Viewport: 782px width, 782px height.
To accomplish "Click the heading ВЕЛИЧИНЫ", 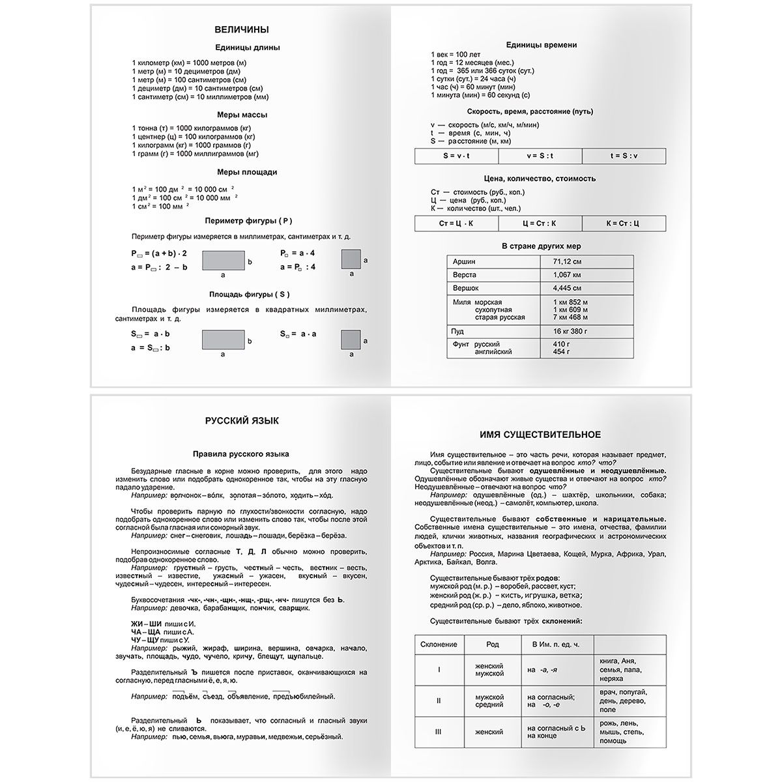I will pyautogui.click(x=241, y=29).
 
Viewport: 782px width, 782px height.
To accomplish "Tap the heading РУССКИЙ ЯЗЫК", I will pyautogui.click(x=241, y=421).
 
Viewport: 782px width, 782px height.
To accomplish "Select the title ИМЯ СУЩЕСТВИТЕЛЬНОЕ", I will pyautogui.click(x=540, y=435).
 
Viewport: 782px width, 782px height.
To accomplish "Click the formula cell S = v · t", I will pyautogui.click(x=456, y=156).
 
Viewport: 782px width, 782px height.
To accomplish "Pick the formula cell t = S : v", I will pyautogui.click(x=624, y=156).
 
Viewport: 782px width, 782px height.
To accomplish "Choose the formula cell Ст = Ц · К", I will pyautogui.click(x=456, y=224).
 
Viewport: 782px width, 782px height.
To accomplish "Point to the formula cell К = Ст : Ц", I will pyautogui.click(x=624, y=224).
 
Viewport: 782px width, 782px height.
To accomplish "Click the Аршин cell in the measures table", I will pyautogui.click(x=493, y=261).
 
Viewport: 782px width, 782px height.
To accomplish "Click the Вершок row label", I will pyautogui.click(x=493, y=287).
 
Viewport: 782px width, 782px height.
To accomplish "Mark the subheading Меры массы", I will pyautogui.click(x=241, y=115).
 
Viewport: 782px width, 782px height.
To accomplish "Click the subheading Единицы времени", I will pyautogui.click(x=541, y=45).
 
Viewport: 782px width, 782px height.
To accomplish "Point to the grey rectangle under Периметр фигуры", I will pyautogui.click(x=223, y=261).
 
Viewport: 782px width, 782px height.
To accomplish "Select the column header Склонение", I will pyautogui.click(x=439, y=644).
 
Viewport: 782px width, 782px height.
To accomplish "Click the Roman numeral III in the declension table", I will pyautogui.click(x=439, y=732).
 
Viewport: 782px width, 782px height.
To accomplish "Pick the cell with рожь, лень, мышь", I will pyautogui.click(x=622, y=732).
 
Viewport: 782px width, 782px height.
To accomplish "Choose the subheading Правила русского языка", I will pyautogui.click(x=241, y=454).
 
